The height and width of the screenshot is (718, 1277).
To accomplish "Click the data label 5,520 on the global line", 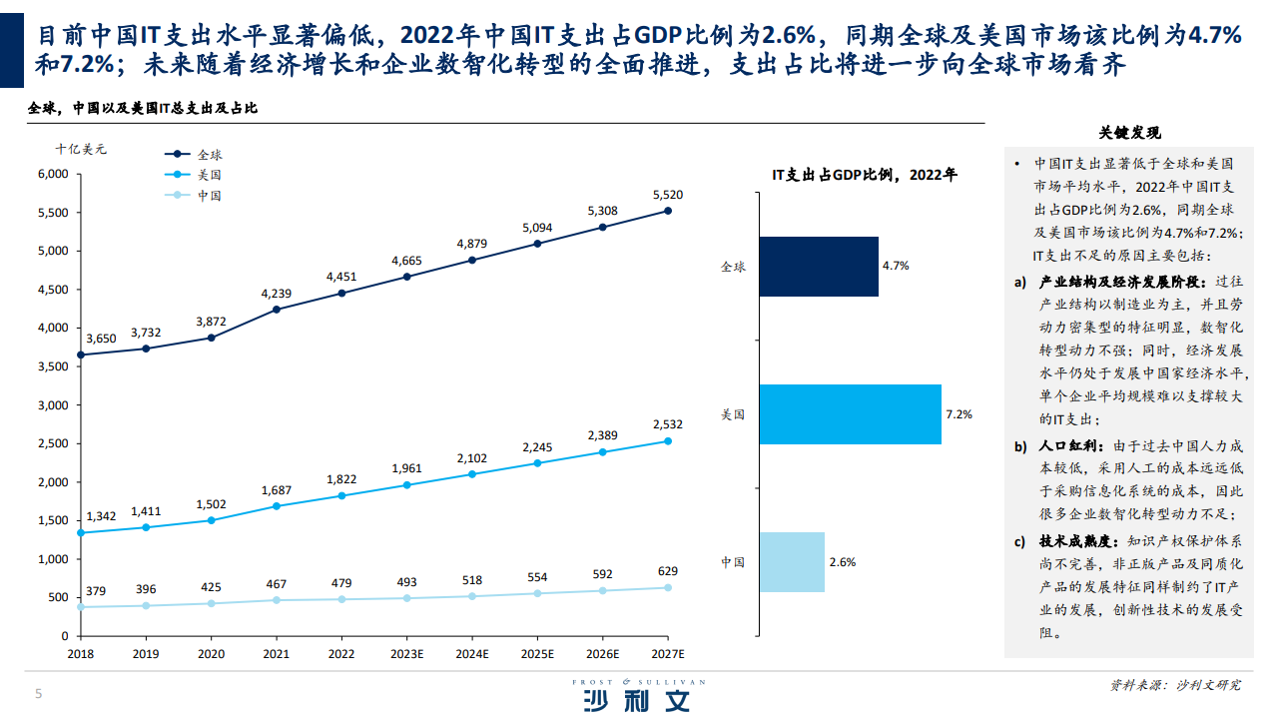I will (667, 195).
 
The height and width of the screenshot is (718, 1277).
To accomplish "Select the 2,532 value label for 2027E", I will (667, 424).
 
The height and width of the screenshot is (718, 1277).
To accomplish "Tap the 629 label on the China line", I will (667, 571).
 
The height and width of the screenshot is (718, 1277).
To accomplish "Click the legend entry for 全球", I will (209, 155).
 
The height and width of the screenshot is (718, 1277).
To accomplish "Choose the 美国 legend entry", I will (209, 175).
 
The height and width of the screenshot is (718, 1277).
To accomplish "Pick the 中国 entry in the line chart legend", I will (209, 196).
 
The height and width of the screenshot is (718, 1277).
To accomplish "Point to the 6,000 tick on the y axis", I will (52, 174).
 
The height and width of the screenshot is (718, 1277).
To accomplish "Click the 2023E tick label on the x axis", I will (405, 654).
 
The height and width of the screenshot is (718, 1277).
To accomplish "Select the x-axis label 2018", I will (80, 654).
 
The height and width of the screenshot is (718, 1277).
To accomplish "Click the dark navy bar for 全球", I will (818, 267).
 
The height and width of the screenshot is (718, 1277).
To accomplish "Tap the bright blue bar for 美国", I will (850, 414).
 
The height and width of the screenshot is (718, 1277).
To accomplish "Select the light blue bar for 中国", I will (791, 562).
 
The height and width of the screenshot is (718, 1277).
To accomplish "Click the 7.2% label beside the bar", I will (958, 414).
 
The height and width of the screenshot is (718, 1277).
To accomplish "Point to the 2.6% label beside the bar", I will (842, 562).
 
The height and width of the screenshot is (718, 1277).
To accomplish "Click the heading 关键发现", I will (1129, 133).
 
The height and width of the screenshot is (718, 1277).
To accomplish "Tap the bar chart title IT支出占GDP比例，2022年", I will (864, 175).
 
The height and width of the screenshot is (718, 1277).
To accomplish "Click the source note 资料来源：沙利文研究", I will (1175, 685).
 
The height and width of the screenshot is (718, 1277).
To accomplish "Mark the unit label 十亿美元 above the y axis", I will (81, 149).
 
